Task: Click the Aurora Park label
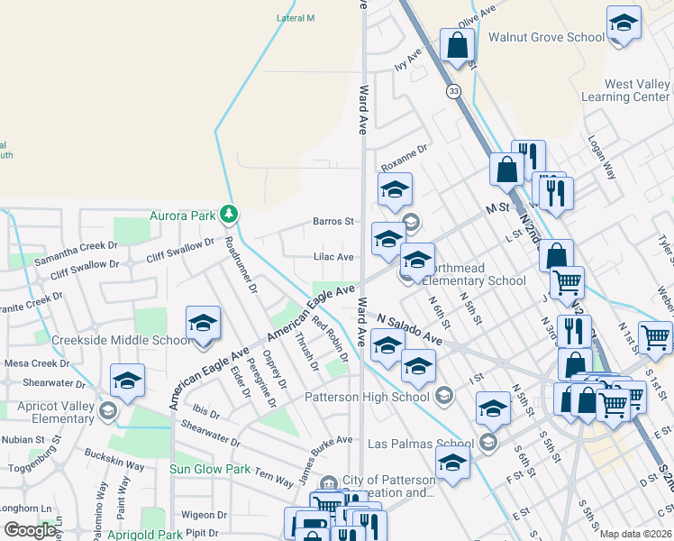point(183,215)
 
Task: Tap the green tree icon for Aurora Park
point(231,214)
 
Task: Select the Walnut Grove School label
point(546,37)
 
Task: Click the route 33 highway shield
point(453,91)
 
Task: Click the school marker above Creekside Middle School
point(204,325)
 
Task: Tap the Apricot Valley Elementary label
point(56,412)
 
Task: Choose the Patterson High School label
point(367,397)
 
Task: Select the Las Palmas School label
point(421,444)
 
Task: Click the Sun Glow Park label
point(210,469)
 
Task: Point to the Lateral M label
point(296,18)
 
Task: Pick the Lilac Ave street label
point(332,257)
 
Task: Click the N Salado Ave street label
point(410,329)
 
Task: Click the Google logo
point(30,530)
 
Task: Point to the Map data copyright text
point(634,534)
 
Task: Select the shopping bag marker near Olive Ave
point(457,46)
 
